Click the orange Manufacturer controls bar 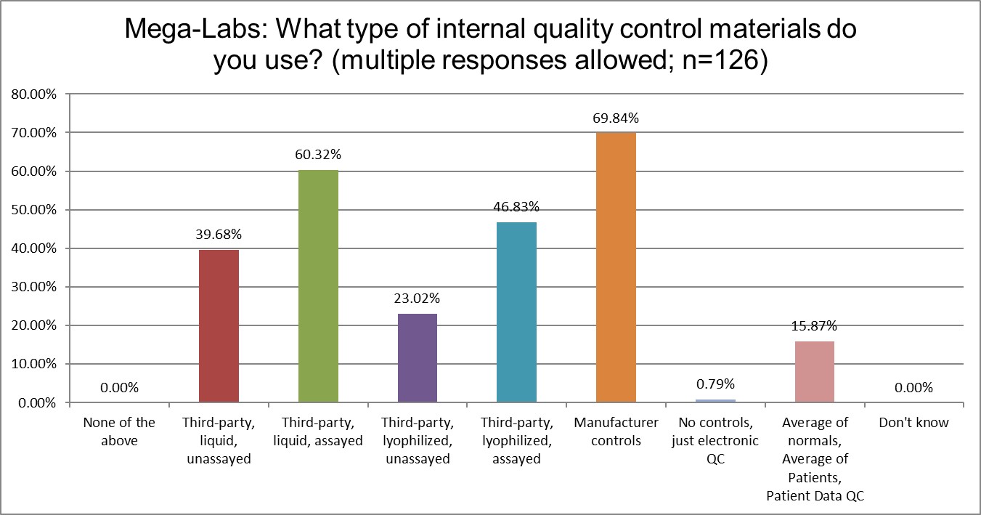pos(616,267)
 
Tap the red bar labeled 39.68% pos(219,325)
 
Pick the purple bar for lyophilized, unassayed pos(418,357)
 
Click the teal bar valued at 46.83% pos(516,312)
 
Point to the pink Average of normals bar pos(815,371)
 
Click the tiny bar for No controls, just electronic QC pos(715,400)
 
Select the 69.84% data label pos(616,118)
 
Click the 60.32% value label pos(318,155)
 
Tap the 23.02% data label pos(418,299)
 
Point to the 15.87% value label pos(815,326)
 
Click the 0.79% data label pos(715,384)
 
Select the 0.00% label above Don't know pos(913,387)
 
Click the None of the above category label pos(119,431)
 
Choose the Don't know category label pos(913,423)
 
